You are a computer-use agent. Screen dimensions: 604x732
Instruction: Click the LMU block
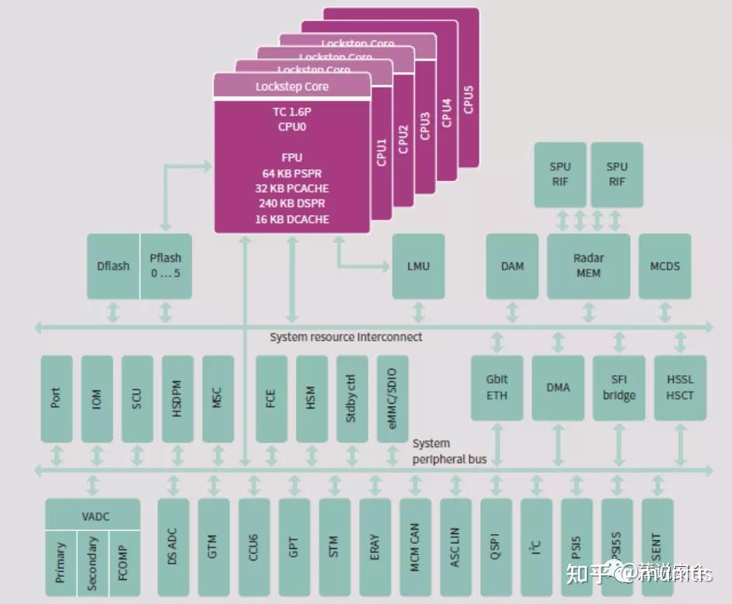tap(418, 266)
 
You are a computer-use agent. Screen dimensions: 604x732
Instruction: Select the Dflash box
tap(113, 266)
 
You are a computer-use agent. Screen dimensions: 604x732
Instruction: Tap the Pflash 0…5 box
tap(166, 266)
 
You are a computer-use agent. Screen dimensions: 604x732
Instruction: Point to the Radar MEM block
tap(588, 266)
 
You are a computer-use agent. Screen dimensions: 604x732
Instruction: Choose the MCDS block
tap(664, 266)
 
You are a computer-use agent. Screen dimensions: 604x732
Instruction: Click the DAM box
tap(512, 266)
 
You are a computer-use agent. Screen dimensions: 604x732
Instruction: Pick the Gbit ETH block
tap(497, 387)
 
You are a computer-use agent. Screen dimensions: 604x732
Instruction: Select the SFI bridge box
tap(619, 387)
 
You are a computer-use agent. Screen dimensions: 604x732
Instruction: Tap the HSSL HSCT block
tap(680, 387)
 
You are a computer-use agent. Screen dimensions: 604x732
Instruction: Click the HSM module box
tap(311, 399)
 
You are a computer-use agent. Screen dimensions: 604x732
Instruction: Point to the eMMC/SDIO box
tap(392, 399)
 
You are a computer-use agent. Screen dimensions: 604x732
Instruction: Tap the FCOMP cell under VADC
tap(124, 563)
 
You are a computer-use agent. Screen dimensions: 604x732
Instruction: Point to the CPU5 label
tap(468, 99)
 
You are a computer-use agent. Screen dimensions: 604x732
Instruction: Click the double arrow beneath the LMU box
tap(418, 312)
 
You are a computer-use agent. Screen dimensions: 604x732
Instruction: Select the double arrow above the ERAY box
tap(375, 485)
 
